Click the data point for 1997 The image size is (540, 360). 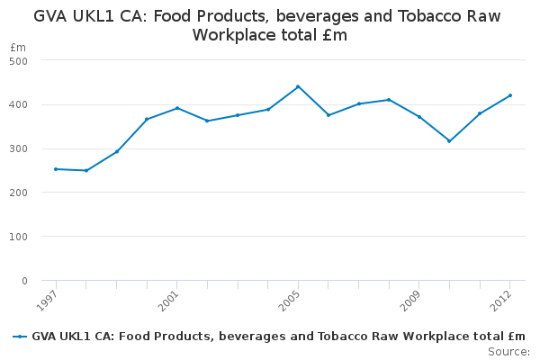(x=56, y=169)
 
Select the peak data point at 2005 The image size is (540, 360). (x=298, y=86)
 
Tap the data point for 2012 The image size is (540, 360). (x=509, y=95)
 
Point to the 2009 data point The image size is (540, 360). (x=418, y=117)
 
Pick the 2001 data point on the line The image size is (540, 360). (x=177, y=108)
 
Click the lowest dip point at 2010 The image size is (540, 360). (x=449, y=141)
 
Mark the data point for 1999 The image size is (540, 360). (x=116, y=151)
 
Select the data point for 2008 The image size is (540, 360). (x=389, y=100)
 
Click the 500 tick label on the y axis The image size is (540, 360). (x=19, y=60)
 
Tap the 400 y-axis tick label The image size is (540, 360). (x=19, y=104)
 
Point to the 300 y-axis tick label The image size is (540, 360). (x=19, y=148)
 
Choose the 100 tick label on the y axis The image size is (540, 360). (x=19, y=237)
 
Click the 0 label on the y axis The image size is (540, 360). (x=24, y=281)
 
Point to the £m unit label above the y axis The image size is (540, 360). (x=18, y=47)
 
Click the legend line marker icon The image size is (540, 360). (x=20, y=337)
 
